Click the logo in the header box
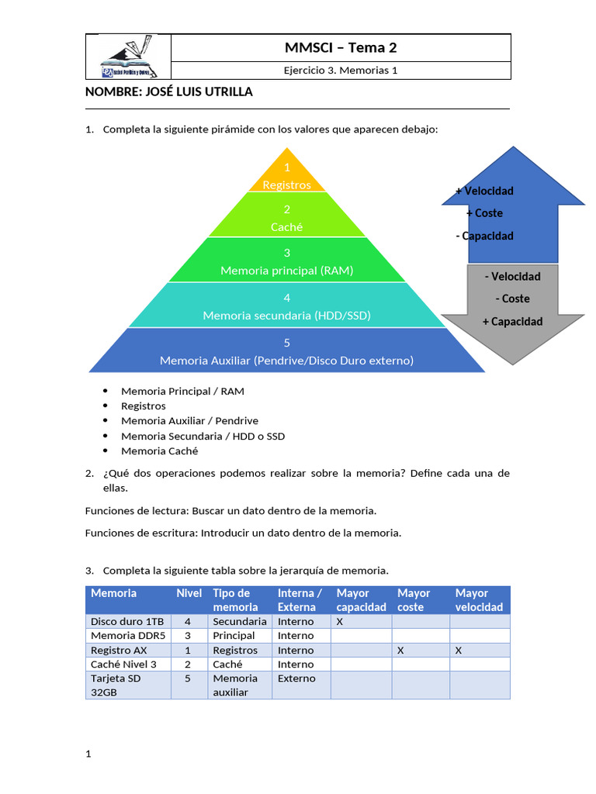tap(127, 57)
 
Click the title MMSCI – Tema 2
tap(341, 48)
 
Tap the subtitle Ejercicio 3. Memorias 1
tap(341, 71)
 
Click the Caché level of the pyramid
tap(287, 218)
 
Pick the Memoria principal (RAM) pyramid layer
tap(287, 262)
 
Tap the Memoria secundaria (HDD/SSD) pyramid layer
tap(287, 307)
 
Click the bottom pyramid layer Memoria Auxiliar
tap(287, 352)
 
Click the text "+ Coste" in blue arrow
tap(484, 213)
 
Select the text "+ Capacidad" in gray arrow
tap(512, 321)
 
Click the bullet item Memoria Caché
tap(159, 451)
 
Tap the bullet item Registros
tap(144, 406)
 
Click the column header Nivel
tap(189, 593)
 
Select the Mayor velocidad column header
tap(479, 600)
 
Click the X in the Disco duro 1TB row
tap(340, 621)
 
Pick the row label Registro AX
tap(119, 651)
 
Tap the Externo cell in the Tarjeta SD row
tap(296, 678)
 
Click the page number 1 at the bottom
tap(88, 754)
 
